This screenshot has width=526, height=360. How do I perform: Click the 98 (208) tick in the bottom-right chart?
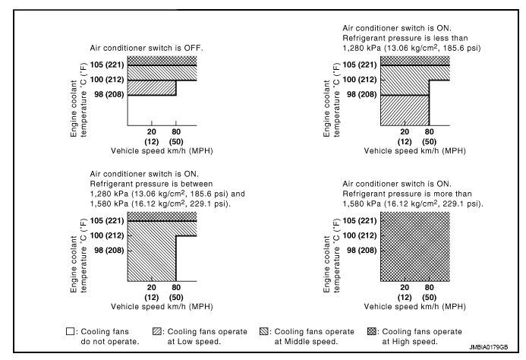(x=360, y=249)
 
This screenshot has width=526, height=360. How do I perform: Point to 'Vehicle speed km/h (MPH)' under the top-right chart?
(x=414, y=150)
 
